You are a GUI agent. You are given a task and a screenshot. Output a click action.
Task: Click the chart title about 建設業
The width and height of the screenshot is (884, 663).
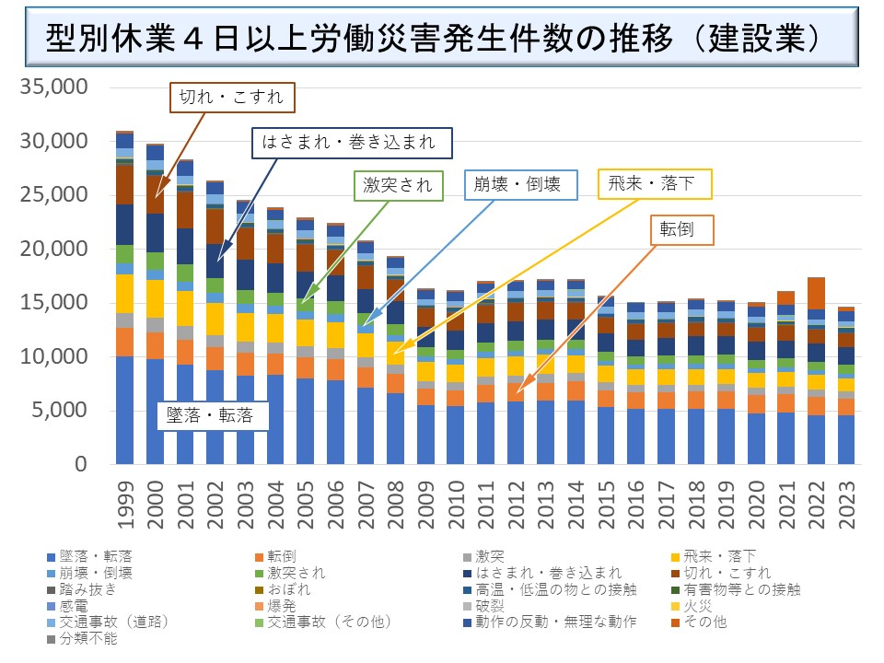[433, 42]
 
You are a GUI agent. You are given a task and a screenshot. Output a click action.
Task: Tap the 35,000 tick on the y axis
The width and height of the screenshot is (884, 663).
[52, 87]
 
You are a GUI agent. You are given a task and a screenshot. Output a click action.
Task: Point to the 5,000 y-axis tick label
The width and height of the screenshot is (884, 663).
[57, 411]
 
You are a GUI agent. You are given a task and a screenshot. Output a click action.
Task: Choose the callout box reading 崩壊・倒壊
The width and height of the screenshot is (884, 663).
[520, 184]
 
